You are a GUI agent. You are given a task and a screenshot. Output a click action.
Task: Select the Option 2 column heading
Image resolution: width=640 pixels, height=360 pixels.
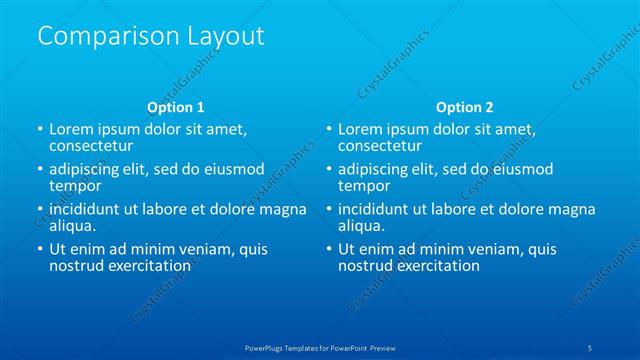(x=464, y=106)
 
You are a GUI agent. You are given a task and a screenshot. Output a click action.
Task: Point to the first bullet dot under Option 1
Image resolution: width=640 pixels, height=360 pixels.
(x=39, y=130)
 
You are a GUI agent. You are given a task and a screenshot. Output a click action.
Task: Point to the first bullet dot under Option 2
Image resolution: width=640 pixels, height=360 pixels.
(x=328, y=130)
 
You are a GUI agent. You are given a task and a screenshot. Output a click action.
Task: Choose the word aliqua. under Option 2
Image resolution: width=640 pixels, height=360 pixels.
(x=361, y=226)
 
